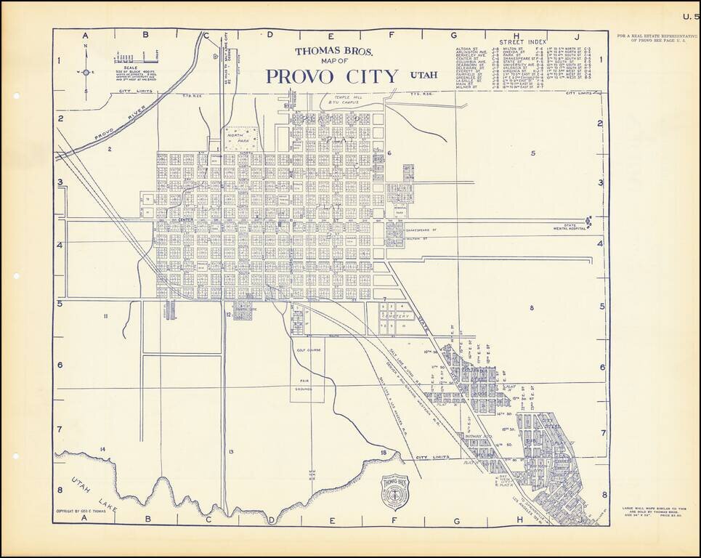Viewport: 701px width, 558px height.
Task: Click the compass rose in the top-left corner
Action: click(86, 72)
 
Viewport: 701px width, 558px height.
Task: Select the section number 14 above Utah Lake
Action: click(102, 450)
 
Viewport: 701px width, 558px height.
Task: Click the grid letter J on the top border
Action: click(575, 34)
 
